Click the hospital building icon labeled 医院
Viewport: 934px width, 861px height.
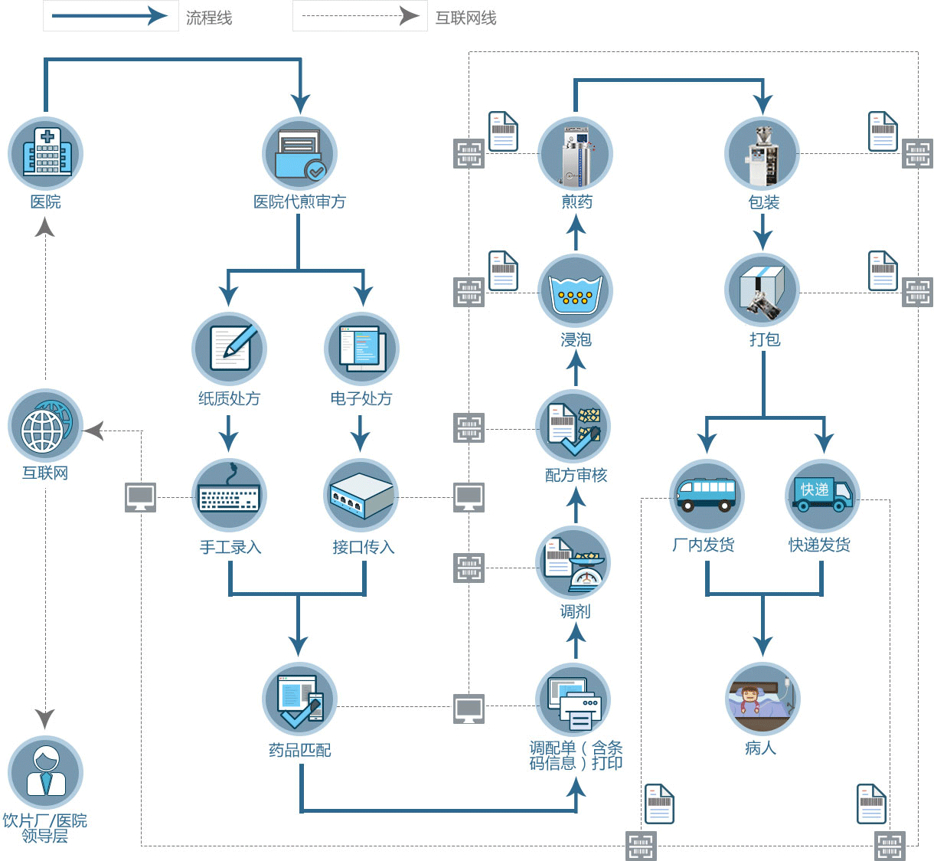pos(46,154)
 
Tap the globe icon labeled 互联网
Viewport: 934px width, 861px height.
pos(46,427)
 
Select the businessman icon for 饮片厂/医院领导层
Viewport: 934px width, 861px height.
pos(46,773)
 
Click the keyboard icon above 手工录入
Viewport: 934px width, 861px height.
pos(229,496)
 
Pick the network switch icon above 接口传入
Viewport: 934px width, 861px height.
pos(361,496)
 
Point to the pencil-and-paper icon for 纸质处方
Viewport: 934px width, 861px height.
pos(229,349)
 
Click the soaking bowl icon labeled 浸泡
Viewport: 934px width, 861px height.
pos(576,292)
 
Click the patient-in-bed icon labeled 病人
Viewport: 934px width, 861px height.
pos(763,699)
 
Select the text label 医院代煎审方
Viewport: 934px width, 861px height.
pos(299,201)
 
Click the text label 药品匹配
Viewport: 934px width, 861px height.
pos(299,750)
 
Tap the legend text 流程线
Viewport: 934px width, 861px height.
pos(209,18)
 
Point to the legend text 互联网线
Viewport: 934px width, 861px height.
pos(465,18)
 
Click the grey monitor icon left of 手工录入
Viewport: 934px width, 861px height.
pos(141,497)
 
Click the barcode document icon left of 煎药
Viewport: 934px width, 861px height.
pos(503,131)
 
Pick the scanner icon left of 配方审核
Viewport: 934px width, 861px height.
pos(469,428)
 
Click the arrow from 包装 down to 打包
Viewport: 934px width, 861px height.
pos(763,232)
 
